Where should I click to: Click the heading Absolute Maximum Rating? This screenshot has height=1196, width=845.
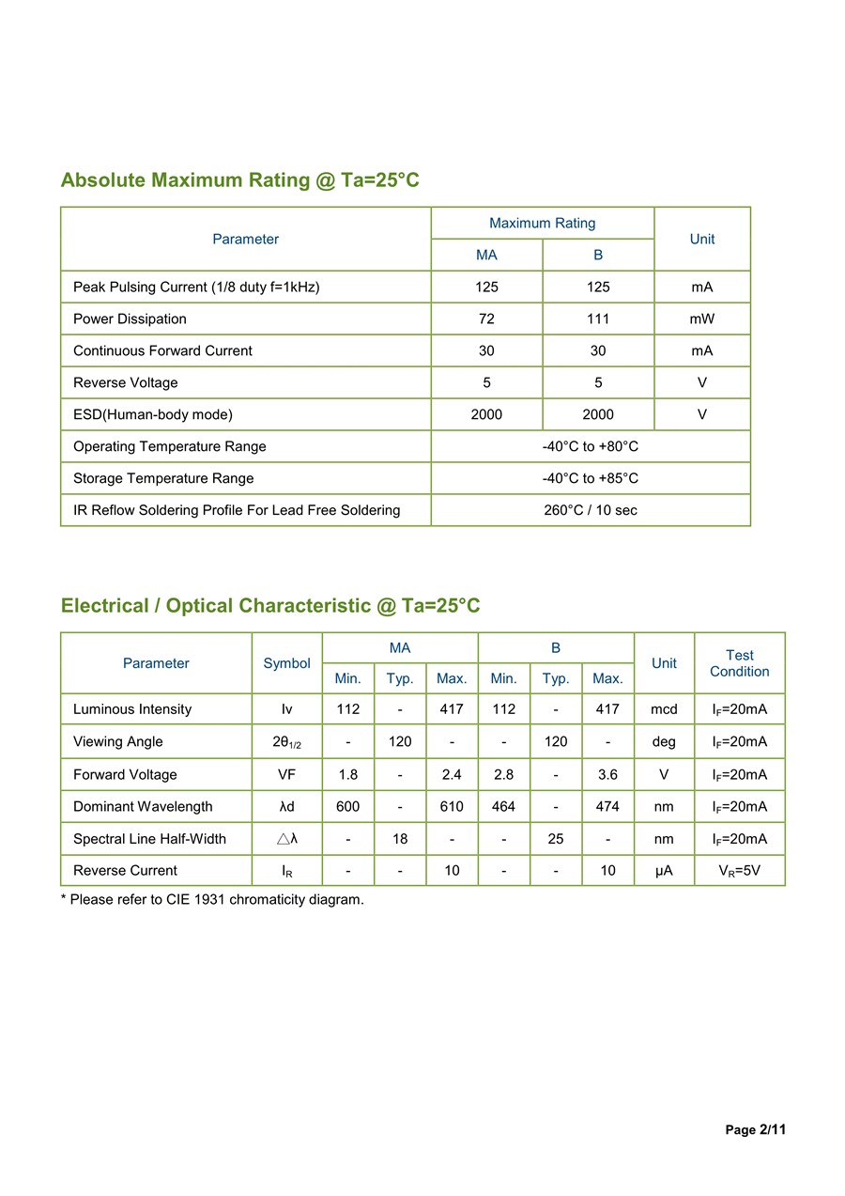coord(239,179)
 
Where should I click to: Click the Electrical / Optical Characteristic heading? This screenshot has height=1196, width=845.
coord(270,605)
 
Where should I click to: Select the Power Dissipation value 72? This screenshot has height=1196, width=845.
coord(486,318)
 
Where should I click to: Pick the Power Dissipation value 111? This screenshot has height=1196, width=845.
coord(598,318)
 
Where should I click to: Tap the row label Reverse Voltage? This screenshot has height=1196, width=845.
coord(125,382)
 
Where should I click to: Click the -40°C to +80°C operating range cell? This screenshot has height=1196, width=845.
coord(590,446)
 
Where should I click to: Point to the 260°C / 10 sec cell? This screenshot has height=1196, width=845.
coord(590,510)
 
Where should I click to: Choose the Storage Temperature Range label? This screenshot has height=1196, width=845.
coord(163,478)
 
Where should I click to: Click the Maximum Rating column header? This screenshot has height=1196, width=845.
coord(542,223)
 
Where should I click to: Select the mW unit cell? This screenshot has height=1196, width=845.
coord(701,318)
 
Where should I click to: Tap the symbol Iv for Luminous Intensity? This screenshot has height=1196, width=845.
coord(286,709)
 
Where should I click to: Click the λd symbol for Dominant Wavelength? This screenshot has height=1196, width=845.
coord(286,806)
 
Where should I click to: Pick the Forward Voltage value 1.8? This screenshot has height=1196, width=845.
coord(347,774)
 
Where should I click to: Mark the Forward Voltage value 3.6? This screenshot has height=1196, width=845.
coord(607,774)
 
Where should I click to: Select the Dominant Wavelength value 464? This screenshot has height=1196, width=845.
coord(503,806)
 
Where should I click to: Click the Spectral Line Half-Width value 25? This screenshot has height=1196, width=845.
coord(556,838)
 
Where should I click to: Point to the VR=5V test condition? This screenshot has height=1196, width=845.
coord(739,870)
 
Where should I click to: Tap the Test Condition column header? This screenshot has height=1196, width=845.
coord(739,663)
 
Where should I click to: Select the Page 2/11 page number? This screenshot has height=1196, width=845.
coord(755,1129)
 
